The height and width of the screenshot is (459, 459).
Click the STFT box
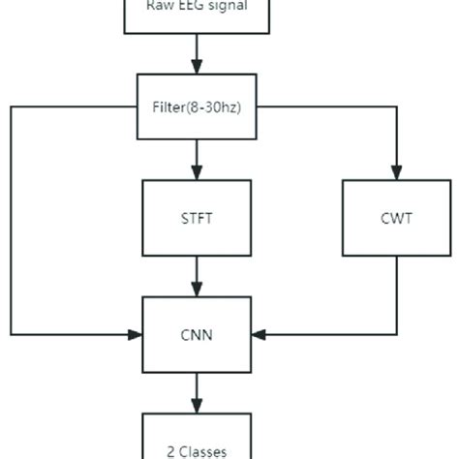(x=199, y=219)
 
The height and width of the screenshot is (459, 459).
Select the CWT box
(x=396, y=219)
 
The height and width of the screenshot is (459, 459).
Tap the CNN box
(x=199, y=335)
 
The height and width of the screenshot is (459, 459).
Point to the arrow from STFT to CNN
(x=199, y=276)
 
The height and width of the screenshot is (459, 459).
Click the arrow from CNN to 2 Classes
(x=199, y=392)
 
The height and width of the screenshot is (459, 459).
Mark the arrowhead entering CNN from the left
(x=135, y=335)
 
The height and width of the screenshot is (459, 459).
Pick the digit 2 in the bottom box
(x=170, y=450)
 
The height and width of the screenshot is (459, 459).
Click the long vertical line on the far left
(x=11, y=223)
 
